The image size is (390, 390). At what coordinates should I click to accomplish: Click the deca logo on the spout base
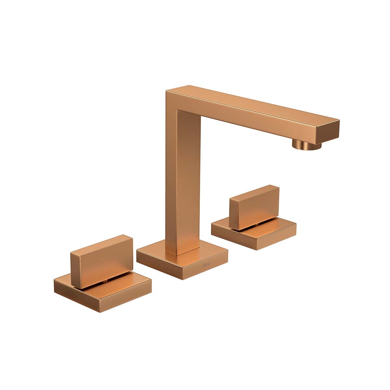point(206,265)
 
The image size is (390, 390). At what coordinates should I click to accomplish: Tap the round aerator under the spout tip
point(306,145)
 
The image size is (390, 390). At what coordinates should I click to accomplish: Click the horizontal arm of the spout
point(253,113)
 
